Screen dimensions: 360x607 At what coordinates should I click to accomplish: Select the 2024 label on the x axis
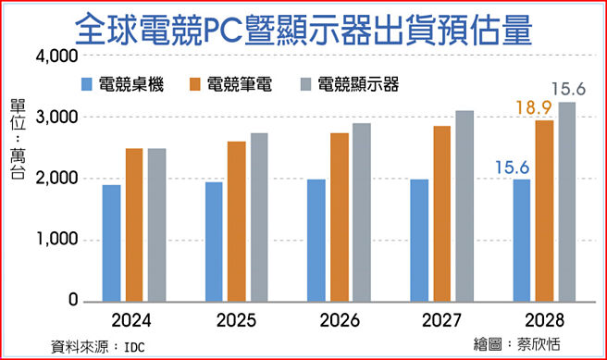(x=134, y=324)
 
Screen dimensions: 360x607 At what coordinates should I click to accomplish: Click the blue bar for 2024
(x=112, y=242)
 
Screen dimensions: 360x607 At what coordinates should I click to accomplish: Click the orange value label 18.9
(x=535, y=108)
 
